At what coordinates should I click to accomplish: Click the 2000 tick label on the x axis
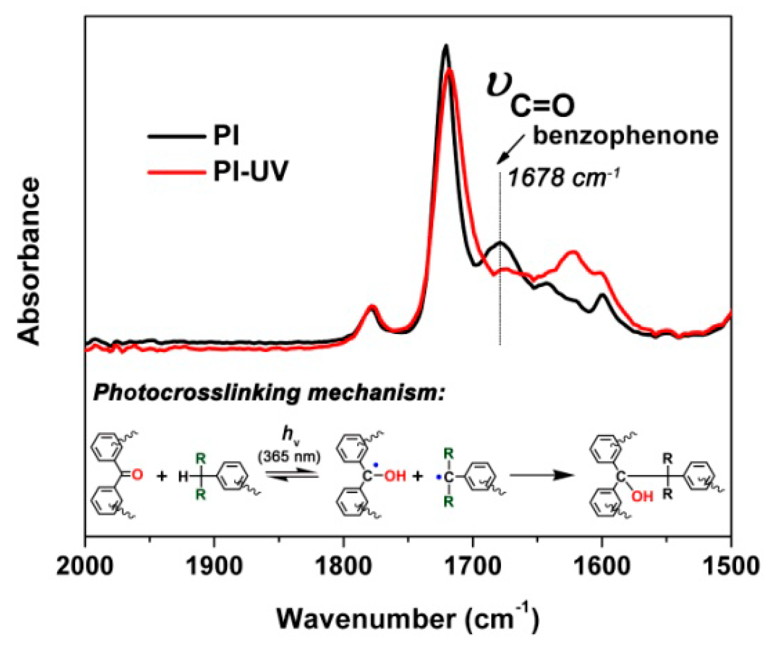(85, 566)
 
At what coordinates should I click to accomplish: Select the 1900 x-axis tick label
(214, 566)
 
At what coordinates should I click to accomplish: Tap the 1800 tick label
(344, 566)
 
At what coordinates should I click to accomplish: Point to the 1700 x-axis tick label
(473, 566)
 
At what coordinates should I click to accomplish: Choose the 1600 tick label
(602, 566)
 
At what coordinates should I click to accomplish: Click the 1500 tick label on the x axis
(731, 566)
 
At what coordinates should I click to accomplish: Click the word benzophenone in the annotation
(626, 136)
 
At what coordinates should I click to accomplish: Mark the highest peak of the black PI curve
(446, 45)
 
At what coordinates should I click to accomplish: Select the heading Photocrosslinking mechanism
(269, 393)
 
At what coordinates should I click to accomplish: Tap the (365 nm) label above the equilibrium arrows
(290, 457)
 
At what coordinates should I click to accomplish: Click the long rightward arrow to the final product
(542, 476)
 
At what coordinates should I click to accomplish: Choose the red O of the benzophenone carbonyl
(137, 474)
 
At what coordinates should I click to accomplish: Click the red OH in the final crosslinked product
(642, 497)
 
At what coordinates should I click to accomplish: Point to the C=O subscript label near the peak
(542, 106)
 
